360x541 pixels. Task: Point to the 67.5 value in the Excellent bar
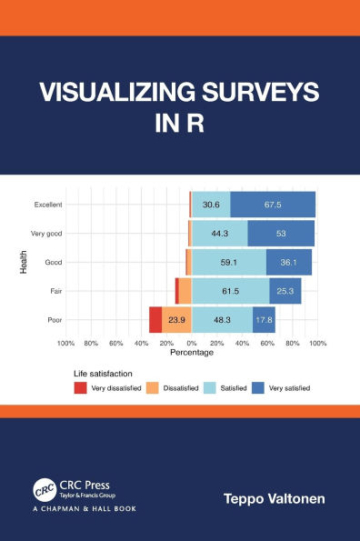[272, 205]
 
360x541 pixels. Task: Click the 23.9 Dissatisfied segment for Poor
[176, 320]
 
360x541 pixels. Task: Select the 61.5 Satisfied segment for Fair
[230, 291]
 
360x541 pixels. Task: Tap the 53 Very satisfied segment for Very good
[281, 234]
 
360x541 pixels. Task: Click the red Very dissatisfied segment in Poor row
[155, 320]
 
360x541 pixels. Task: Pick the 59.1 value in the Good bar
[228, 263]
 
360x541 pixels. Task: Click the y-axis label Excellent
[48, 205]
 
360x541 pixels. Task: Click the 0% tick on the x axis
[191, 344]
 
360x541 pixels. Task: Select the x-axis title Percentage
[191, 353]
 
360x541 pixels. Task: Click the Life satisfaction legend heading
[104, 373]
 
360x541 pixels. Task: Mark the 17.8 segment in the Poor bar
[264, 320]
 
